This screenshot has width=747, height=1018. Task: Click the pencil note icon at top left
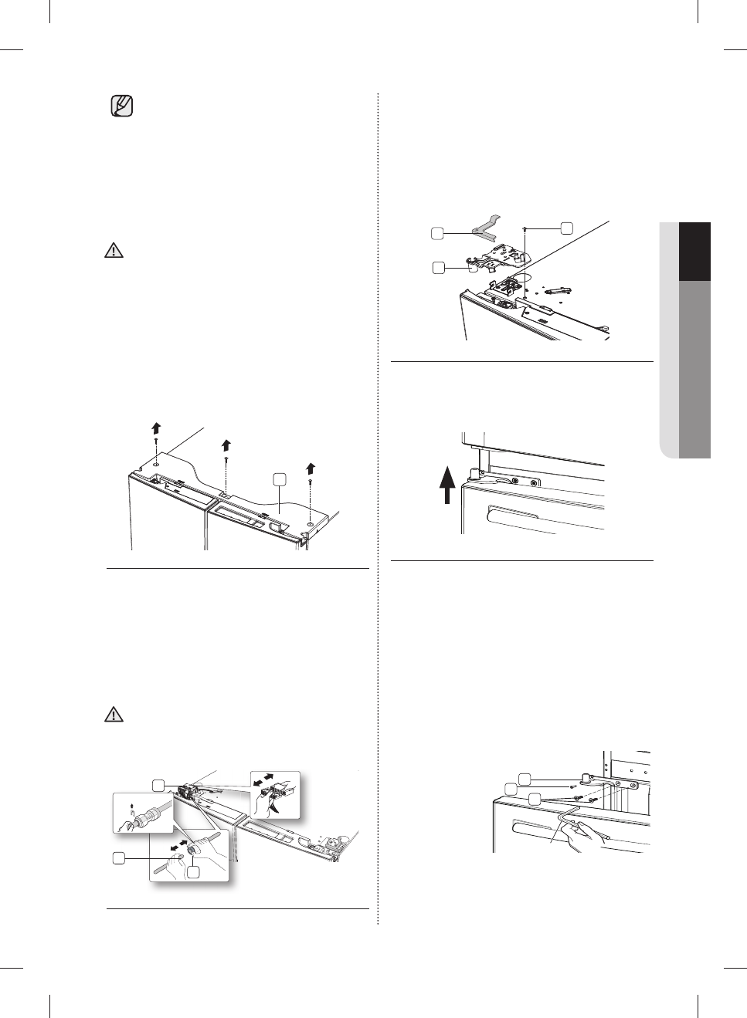pyautogui.click(x=121, y=106)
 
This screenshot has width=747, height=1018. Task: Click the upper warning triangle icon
pyautogui.click(x=114, y=251)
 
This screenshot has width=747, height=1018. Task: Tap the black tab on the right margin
pyautogui.click(x=694, y=252)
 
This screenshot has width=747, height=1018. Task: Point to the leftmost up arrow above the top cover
pyautogui.click(x=155, y=429)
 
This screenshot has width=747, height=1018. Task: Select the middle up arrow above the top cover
pyautogui.click(x=226, y=445)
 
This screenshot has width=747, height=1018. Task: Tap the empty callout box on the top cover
pyautogui.click(x=280, y=479)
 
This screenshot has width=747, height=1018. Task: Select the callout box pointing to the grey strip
pyautogui.click(x=437, y=232)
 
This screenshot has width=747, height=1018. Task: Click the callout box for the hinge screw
pyautogui.click(x=566, y=228)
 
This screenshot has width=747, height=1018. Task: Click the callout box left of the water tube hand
pyautogui.click(x=118, y=857)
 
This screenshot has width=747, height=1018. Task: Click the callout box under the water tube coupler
pyautogui.click(x=193, y=871)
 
